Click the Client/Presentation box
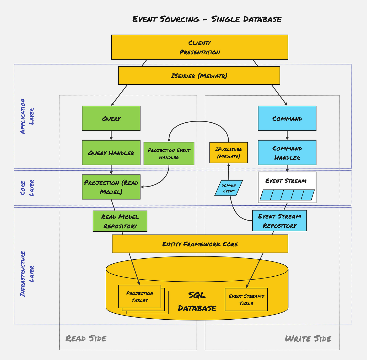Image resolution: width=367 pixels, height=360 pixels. coord(199,47)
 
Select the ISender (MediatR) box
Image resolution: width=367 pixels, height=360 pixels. coord(199,76)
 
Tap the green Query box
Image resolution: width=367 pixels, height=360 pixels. coord(111,118)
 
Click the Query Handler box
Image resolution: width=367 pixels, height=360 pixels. coord(111,153)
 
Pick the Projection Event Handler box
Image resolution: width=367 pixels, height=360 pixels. coord(169,154)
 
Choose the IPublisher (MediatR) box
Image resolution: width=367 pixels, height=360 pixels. coord(228,153)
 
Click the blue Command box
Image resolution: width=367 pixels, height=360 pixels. coord(287,118)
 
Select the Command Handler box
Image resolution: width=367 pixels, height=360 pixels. coord(287,153)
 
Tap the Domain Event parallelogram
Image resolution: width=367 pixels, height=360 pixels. coord(229,188)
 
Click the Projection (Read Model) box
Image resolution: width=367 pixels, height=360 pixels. coord(111,187)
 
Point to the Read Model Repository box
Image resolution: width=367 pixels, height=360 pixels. coord(120,221)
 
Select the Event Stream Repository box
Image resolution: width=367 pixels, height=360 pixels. coord(279,221)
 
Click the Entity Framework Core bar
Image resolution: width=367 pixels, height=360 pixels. coord(200,244)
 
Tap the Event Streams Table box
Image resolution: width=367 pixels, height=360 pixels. coord(246,299)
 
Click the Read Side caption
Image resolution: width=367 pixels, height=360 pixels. coord(86,339)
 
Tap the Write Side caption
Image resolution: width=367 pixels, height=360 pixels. coord(308,339)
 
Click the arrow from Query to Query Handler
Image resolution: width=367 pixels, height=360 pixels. coord(111,135)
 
